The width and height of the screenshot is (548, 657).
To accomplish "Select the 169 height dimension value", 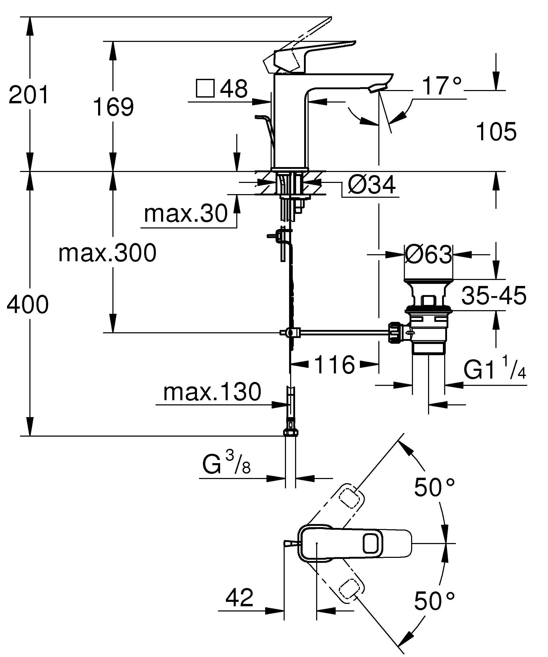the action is (x=113, y=107).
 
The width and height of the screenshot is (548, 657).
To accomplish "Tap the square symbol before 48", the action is (x=205, y=88).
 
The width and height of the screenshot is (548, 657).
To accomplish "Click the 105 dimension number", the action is (x=496, y=132).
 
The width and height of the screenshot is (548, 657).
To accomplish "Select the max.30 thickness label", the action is (x=186, y=214).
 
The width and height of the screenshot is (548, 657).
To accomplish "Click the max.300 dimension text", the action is (x=107, y=253).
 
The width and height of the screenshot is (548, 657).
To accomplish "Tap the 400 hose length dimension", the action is (x=28, y=304).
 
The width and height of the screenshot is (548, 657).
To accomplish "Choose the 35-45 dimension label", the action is (x=494, y=295).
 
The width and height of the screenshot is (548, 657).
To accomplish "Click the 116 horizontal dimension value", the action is (x=334, y=365).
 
